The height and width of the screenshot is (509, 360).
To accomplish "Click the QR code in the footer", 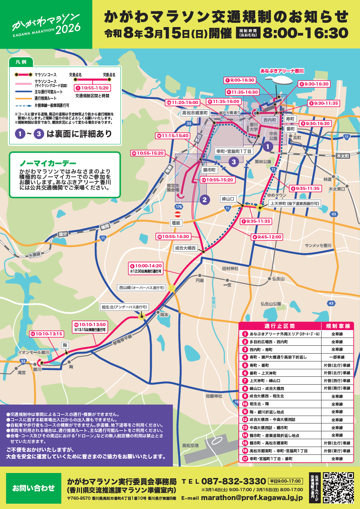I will [338, 488].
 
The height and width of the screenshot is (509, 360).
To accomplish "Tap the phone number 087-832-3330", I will [233, 481].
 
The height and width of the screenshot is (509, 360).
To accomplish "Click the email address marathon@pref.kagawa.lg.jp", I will [252, 498].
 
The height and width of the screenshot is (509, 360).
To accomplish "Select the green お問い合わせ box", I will [34, 488].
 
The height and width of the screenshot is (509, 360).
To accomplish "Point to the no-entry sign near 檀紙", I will [178, 214].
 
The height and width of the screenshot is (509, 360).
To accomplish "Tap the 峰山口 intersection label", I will [228, 199].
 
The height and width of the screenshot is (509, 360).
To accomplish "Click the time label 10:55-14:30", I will [174, 236].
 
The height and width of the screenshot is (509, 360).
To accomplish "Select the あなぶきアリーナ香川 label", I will [282, 71].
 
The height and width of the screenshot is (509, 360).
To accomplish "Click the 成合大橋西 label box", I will [185, 248].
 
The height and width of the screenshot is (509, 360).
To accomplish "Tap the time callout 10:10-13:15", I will [47, 334].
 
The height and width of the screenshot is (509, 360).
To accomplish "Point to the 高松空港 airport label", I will [190, 446].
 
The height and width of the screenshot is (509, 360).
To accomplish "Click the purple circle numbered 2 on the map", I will [204, 200].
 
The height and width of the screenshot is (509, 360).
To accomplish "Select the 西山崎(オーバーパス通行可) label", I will [142, 288].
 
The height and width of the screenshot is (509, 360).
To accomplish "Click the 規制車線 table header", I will [338, 326].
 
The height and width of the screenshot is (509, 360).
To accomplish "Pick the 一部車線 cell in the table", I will [337, 357].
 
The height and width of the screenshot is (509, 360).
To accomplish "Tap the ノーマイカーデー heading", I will [48, 163].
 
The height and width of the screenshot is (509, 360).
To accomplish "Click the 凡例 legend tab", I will [21, 62].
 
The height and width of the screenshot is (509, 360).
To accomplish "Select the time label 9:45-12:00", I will [267, 237].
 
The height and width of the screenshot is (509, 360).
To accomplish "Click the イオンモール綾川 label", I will [34, 352].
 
